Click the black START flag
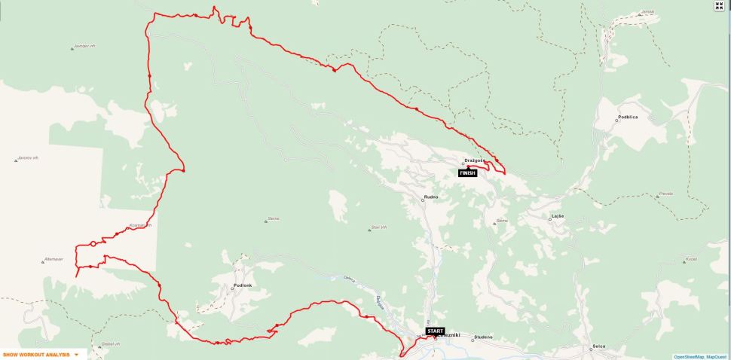[x=435, y=331]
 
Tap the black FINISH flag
[x=468, y=173]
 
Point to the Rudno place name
[x=431, y=197]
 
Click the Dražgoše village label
[x=474, y=160]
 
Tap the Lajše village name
[x=558, y=216]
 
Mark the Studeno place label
[x=483, y=338]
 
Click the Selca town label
[x=599, y=346]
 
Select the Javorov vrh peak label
[x=27, y=159]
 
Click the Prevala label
[x=665, y=194]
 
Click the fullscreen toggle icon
[x=719, y=6]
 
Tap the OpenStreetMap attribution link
[x=688, y=356]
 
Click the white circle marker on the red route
[x=93, y=243]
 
